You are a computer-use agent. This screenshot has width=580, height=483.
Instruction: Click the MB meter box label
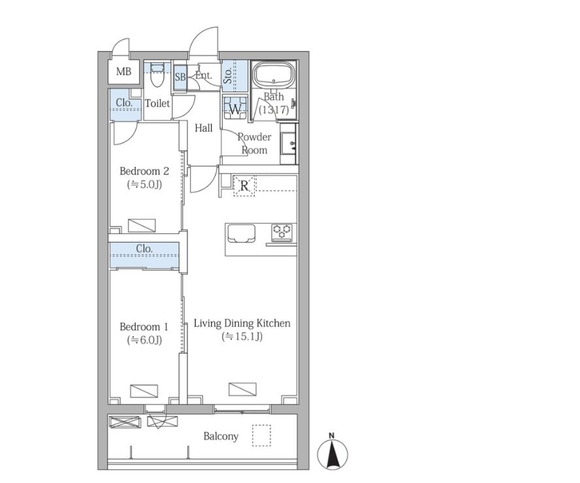point(123,71)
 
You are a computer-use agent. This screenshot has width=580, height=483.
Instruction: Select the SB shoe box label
point(180,77)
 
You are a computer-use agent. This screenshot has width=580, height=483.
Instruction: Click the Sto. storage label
point(228,76)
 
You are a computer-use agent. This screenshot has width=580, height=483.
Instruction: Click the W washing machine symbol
point(235,107)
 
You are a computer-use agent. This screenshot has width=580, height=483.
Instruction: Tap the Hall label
point(203,129)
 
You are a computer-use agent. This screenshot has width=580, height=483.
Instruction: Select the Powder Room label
point(255,144)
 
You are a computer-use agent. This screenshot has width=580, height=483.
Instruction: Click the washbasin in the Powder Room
point(289,144)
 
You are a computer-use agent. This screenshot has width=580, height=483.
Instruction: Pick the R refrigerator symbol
point(244,186)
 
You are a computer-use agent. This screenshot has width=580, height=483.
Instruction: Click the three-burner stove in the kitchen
point(283,232)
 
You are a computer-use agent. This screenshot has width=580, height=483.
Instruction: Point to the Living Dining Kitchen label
point(242,324)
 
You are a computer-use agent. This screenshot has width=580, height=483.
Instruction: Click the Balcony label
point(221,437)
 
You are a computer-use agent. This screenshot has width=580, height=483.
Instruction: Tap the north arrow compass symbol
point(332,452)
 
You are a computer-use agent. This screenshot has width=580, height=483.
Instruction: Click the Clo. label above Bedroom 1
point(144,248)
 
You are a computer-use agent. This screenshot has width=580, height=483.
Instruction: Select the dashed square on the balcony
point(261,436)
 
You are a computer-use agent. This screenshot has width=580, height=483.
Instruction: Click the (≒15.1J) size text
point(242,337)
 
